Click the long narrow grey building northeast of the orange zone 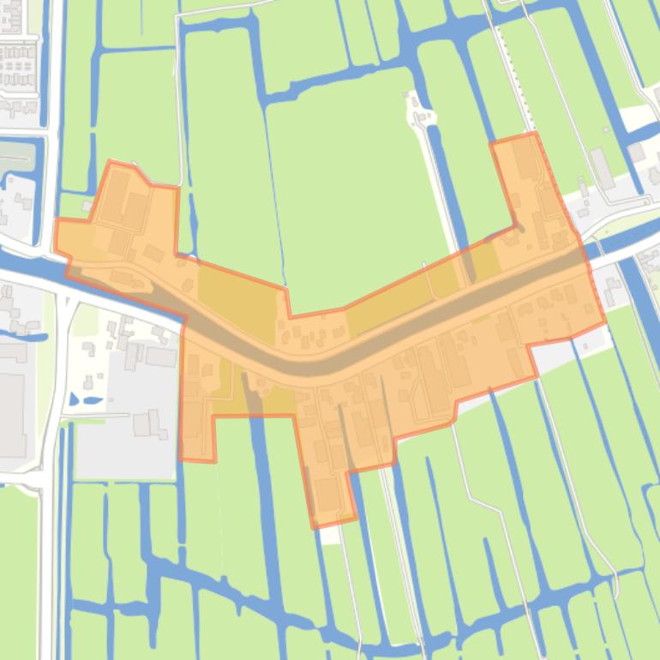(x=602, y=168)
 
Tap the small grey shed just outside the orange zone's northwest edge (x=87, y=206)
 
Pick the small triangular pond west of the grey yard (x=72, y=399)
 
